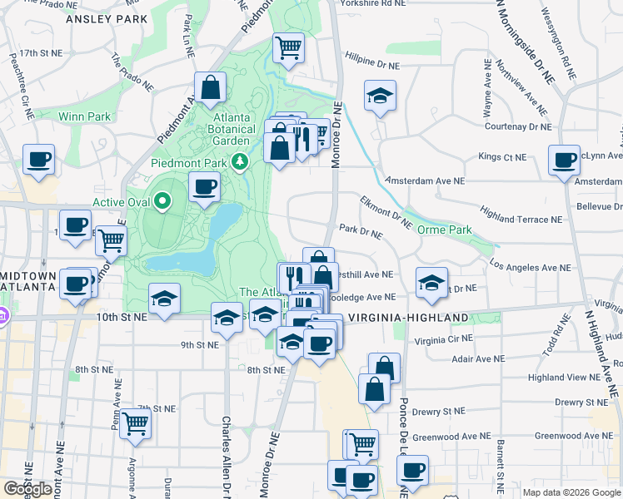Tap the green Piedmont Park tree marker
click(242, 160)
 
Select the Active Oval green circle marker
click(163, 201)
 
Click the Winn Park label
click(84, 116)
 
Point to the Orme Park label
click(444, 230)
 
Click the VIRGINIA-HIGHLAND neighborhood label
click(407, 318)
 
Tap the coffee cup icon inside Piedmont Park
click(204, 186)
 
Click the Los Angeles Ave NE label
click(530, 268)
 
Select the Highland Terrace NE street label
click(521, 220)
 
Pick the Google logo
click(28, 488)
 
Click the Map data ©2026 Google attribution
click(571, 492)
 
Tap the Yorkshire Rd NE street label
click(372, 3)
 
